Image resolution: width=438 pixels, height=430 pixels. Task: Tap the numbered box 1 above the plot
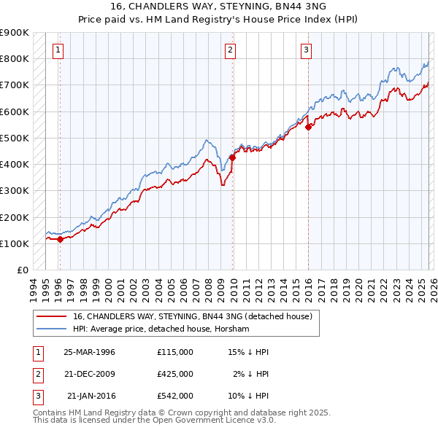58,50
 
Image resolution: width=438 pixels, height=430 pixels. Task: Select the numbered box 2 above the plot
230,50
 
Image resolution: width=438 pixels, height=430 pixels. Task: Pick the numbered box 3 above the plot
306,50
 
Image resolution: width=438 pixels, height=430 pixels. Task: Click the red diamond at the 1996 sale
60,239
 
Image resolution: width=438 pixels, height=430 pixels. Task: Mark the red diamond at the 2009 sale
233,157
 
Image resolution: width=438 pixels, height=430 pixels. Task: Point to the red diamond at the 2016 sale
309,127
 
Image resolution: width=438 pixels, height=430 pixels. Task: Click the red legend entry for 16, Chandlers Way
193,316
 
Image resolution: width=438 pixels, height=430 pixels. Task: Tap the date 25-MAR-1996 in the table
90,352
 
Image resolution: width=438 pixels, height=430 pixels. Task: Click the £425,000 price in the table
175,374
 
